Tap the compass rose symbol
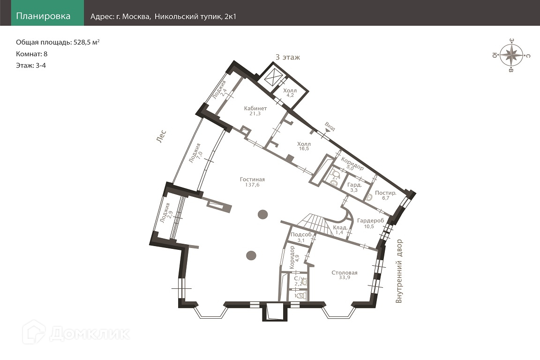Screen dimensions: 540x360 click(511, 55)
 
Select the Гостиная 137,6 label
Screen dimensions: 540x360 click(253, 182)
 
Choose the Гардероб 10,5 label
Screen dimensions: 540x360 click(370, 223)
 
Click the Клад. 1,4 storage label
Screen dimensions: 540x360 click(340, 230)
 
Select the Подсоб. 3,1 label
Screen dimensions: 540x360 click(301, 237)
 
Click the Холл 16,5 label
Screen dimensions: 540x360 click(304, 146)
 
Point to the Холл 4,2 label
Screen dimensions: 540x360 click(290, 93)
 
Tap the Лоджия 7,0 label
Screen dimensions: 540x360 click(197, 153)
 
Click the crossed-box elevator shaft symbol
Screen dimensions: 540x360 click(272, 77)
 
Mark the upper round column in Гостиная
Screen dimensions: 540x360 click(263, 214)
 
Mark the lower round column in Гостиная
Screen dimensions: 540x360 click(251, 255)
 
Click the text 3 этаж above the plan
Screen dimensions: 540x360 click(287, 57)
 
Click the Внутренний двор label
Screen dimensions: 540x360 click(399, 271)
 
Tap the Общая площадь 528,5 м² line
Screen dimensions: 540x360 click(58, 42)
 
